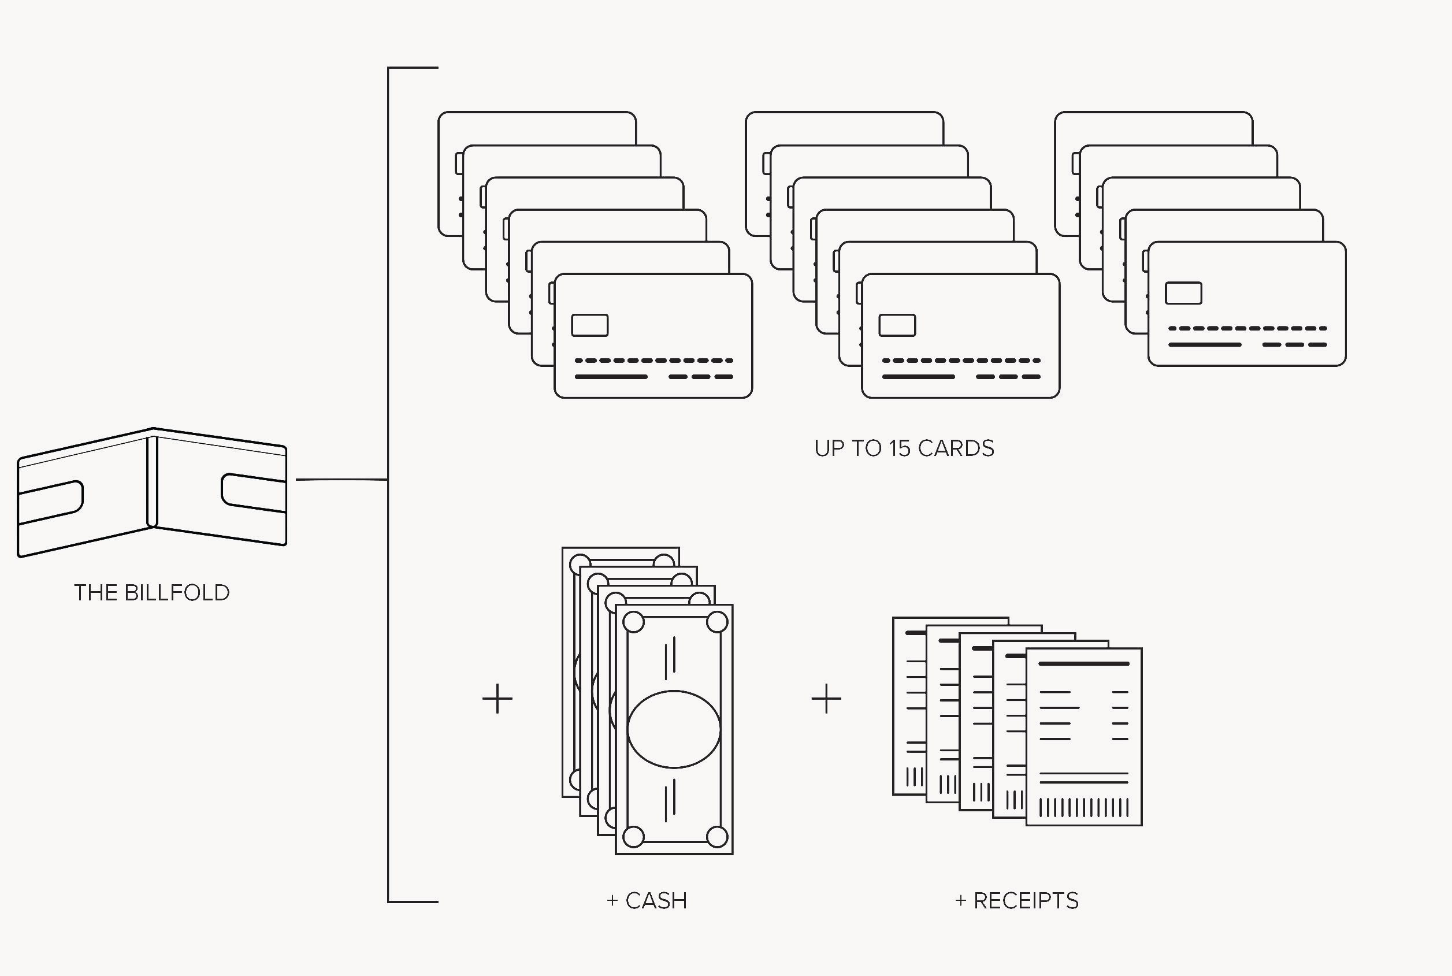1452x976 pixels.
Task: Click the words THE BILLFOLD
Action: point(152,592)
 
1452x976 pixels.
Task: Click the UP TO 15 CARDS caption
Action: point(904,449)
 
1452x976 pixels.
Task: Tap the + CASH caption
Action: point(647,901)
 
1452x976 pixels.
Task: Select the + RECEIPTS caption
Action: point(1016,901)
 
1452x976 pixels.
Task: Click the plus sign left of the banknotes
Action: point(497,699)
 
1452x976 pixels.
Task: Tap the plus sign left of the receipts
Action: point(826,699)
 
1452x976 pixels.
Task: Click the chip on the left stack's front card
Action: point(589,325)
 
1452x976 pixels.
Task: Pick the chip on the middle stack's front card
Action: point(897,325)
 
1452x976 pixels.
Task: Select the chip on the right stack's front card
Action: point(1183,293)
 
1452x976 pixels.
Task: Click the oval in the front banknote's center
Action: point(674,729)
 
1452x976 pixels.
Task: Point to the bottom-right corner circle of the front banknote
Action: point(717,837)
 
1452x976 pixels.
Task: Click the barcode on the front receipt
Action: point(1083,808)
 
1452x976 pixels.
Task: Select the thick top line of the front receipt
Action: point(1083,663)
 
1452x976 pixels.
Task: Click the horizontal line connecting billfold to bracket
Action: point(341,480)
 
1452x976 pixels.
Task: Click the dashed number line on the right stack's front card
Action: point(1247,328)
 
